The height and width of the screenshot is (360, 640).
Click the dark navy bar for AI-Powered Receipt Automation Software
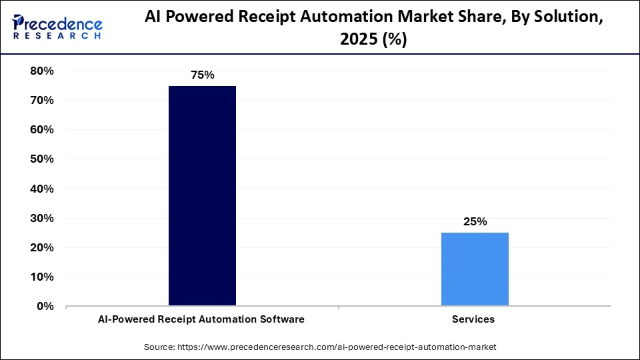tap(202, 196)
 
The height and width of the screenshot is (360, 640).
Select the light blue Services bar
tap(475, 269)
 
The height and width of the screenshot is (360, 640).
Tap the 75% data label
tap(202, 75)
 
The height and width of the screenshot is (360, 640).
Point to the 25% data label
tap(475, 222)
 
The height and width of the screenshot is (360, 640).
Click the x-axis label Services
tap(473, 319)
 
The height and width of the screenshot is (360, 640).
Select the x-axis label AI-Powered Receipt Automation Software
tap(202, 319)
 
